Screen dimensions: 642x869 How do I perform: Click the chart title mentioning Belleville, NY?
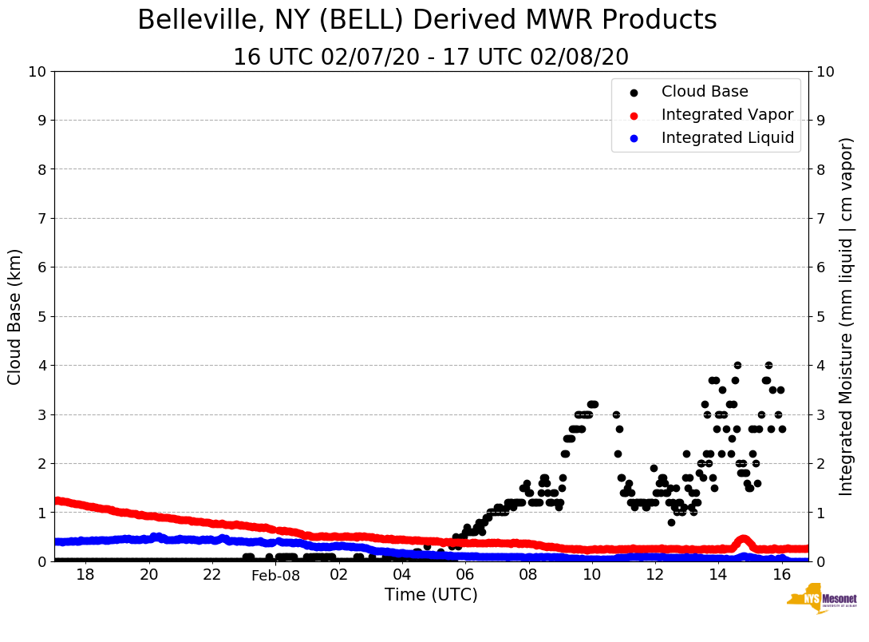[427, 21]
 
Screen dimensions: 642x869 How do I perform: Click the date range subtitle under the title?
[430, 57]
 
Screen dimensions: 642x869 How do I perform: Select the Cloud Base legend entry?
[705, 92]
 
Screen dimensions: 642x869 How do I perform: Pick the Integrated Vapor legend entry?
[727, 115]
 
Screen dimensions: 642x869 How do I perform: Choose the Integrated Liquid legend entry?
[727, 138]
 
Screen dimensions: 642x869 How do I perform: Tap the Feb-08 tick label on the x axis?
[275, 575]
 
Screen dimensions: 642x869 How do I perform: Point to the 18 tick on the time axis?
[85, 575]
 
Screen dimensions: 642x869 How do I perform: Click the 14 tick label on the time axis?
[717, 575]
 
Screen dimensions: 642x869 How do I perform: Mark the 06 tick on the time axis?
[464, 575]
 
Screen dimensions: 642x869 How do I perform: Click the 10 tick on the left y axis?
[37, 72]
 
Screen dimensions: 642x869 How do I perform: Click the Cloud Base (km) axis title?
[15, 316]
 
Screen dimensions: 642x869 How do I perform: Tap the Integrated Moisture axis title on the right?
[847, 316]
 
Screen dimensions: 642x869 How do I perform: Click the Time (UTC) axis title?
[431, 595]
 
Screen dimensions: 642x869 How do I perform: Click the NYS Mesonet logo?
[821, 601]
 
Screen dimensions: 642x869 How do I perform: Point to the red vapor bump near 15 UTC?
[743, 540]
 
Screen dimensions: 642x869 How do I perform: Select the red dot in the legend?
[634, 115]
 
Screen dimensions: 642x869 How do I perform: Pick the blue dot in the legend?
[634, 138]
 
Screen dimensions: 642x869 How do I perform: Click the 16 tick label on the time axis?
[781, 575]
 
